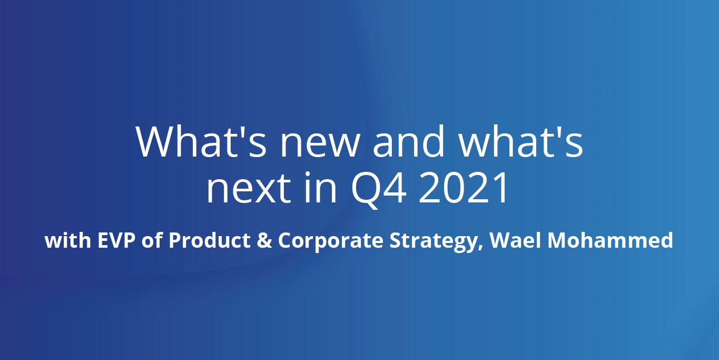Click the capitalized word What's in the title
pyautogui.click(x=201, y=141)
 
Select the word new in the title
pyautogui.click(x=320, y=146)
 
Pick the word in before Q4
pyautogui.click(x=320, y=187)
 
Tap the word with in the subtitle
pyautogui.click(x=68, y=240)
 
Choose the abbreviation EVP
pyautogui.click(x=116, y=240)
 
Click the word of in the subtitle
pyautogui.click(x=152, y=240)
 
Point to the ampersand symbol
pyautogui.click(x=264, y=240)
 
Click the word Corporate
pyautogui.click(x=331, y=241)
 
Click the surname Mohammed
pyautogui.click(x=610, y=240)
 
